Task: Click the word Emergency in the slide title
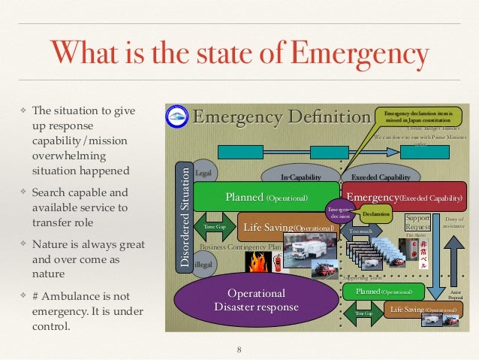pos(359,56)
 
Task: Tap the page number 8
pos(239,349)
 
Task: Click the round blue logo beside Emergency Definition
pos(178,117)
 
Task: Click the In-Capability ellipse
pos(300,177)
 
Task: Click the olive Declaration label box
pos(375,214)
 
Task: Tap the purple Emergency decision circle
pos(340,210)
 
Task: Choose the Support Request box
pos(418,222)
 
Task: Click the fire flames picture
pos(258,262)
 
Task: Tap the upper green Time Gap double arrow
pos(210,226)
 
